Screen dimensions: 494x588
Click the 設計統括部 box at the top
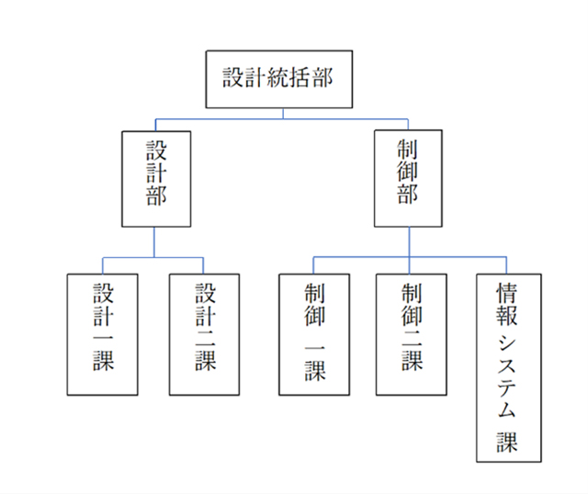point(277,78)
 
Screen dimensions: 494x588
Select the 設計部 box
point(156,178)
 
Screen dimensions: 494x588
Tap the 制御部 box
point(408,178)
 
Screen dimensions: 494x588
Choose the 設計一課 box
point(103,334)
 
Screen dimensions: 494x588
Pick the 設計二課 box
point(205,334)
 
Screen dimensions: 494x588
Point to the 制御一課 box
point(314,334)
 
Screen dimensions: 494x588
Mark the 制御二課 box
point(412,334)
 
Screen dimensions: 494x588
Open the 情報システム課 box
point(508,367)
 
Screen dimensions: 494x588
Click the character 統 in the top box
point(277,78)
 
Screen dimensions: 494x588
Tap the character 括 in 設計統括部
point(301,78)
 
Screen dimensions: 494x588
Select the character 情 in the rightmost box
point(508,294)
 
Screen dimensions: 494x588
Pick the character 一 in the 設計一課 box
point(103,336)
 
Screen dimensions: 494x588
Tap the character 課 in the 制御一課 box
point(314,370)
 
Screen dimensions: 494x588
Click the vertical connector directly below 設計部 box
point(154,241)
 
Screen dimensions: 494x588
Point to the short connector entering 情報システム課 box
point(507,265)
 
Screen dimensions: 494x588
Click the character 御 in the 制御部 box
point(408,172)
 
